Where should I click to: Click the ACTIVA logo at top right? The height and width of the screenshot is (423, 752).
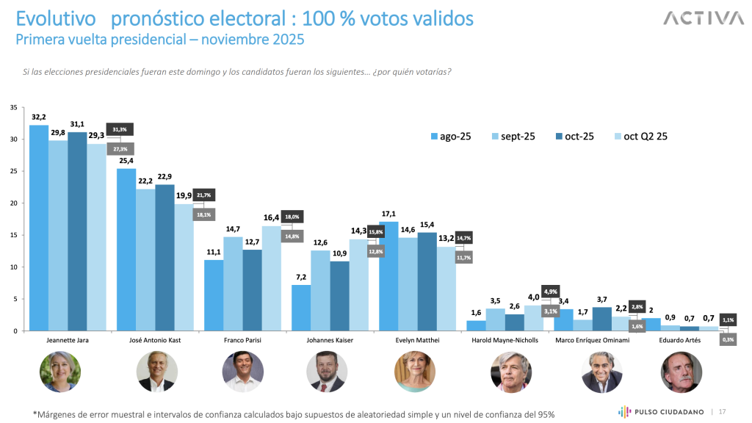pyautogui.click(x=704, y=18)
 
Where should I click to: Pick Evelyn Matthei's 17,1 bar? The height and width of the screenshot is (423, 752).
pyautogui.click(x=388, y=276)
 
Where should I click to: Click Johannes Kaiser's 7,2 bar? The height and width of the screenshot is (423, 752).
pyautogui.click(x=301, y=308)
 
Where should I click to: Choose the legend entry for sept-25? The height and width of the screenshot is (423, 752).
pyautogui.click(x=516, y=136)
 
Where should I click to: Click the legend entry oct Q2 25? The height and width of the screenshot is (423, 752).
pyautogui.click(x=638, y=136)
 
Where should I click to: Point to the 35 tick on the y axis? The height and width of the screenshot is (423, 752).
pyautogui.click(x=14, y=107)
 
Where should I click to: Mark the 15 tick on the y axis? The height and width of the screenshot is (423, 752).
pyautogui.click(x=14, y=235)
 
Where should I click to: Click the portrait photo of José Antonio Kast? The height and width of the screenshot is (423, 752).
pyautogui.click(x=157, y=372)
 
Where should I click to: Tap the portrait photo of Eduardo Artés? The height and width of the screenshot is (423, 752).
pyautogui.click(x=681, y=372)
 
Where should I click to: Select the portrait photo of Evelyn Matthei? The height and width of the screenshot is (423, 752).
pyautogui.click(x=416, y=372)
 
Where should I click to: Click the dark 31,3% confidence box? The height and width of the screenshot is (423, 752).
pyautogui.click(x=120, y=129)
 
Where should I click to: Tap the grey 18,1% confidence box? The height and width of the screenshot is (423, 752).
pyautogui.click(x=204, y=215)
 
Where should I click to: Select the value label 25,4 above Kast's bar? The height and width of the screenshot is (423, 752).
pyautogui.click(x=126, y=161)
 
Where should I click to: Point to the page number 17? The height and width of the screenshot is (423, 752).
pyautogui.click(x=722, y=411)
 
